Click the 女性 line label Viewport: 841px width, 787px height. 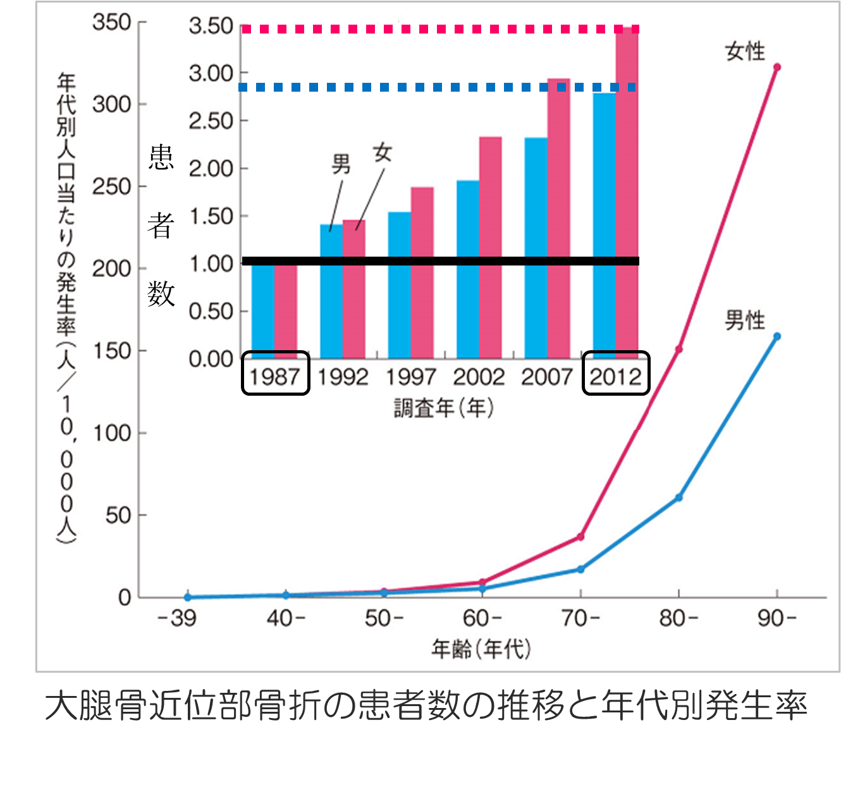[745, 51]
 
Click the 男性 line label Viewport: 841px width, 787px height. [745, 320]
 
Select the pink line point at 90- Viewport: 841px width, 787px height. [777, 67]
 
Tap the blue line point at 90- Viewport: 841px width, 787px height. [777, 336]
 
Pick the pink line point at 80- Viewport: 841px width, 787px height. [678, 349]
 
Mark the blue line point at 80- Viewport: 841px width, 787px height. [678, 497]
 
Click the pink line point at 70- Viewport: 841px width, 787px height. [580, 537]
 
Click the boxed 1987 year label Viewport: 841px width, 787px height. [275, 377]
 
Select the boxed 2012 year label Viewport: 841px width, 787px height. [615, 377]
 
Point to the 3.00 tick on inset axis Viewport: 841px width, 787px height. [211, 73]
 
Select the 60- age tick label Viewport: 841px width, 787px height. [482, 618]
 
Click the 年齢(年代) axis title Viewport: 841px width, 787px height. [481, 649]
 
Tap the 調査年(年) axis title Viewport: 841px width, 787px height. [443, 408]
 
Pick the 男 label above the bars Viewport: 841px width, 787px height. [341, 164]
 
